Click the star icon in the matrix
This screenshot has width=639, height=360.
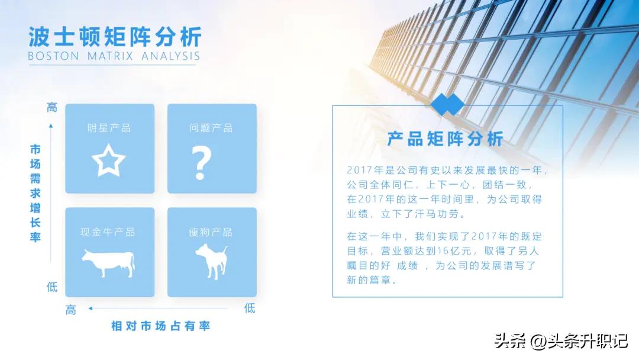coord(108,160)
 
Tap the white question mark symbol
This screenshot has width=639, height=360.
coord(201,163)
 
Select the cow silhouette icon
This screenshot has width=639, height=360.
coord(108,263)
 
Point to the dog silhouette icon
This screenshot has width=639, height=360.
coord(211,261)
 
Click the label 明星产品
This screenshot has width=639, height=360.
coord(109,128)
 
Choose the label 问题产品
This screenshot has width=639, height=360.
coord(211,128)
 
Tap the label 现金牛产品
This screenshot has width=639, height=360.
coord(108,232)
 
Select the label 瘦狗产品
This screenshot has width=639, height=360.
coord(211,232)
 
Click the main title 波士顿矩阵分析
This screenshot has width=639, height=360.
coord(115,37)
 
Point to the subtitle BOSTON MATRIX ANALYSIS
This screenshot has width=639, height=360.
coord(114,56)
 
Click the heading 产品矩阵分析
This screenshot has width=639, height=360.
coord(446,139)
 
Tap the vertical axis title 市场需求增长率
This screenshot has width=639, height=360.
coord(35,193)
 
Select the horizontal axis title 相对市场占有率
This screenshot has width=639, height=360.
coord(160,326)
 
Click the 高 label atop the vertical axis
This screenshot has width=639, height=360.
coord(51,108)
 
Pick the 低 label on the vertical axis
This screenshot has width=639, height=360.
coord(51,287)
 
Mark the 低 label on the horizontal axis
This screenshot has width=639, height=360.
coord(250,308)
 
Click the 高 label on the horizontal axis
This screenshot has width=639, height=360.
coord(71,310)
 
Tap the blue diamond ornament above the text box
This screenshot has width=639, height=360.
coord(447,105)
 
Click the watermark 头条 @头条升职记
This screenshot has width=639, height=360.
coord(561,341)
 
